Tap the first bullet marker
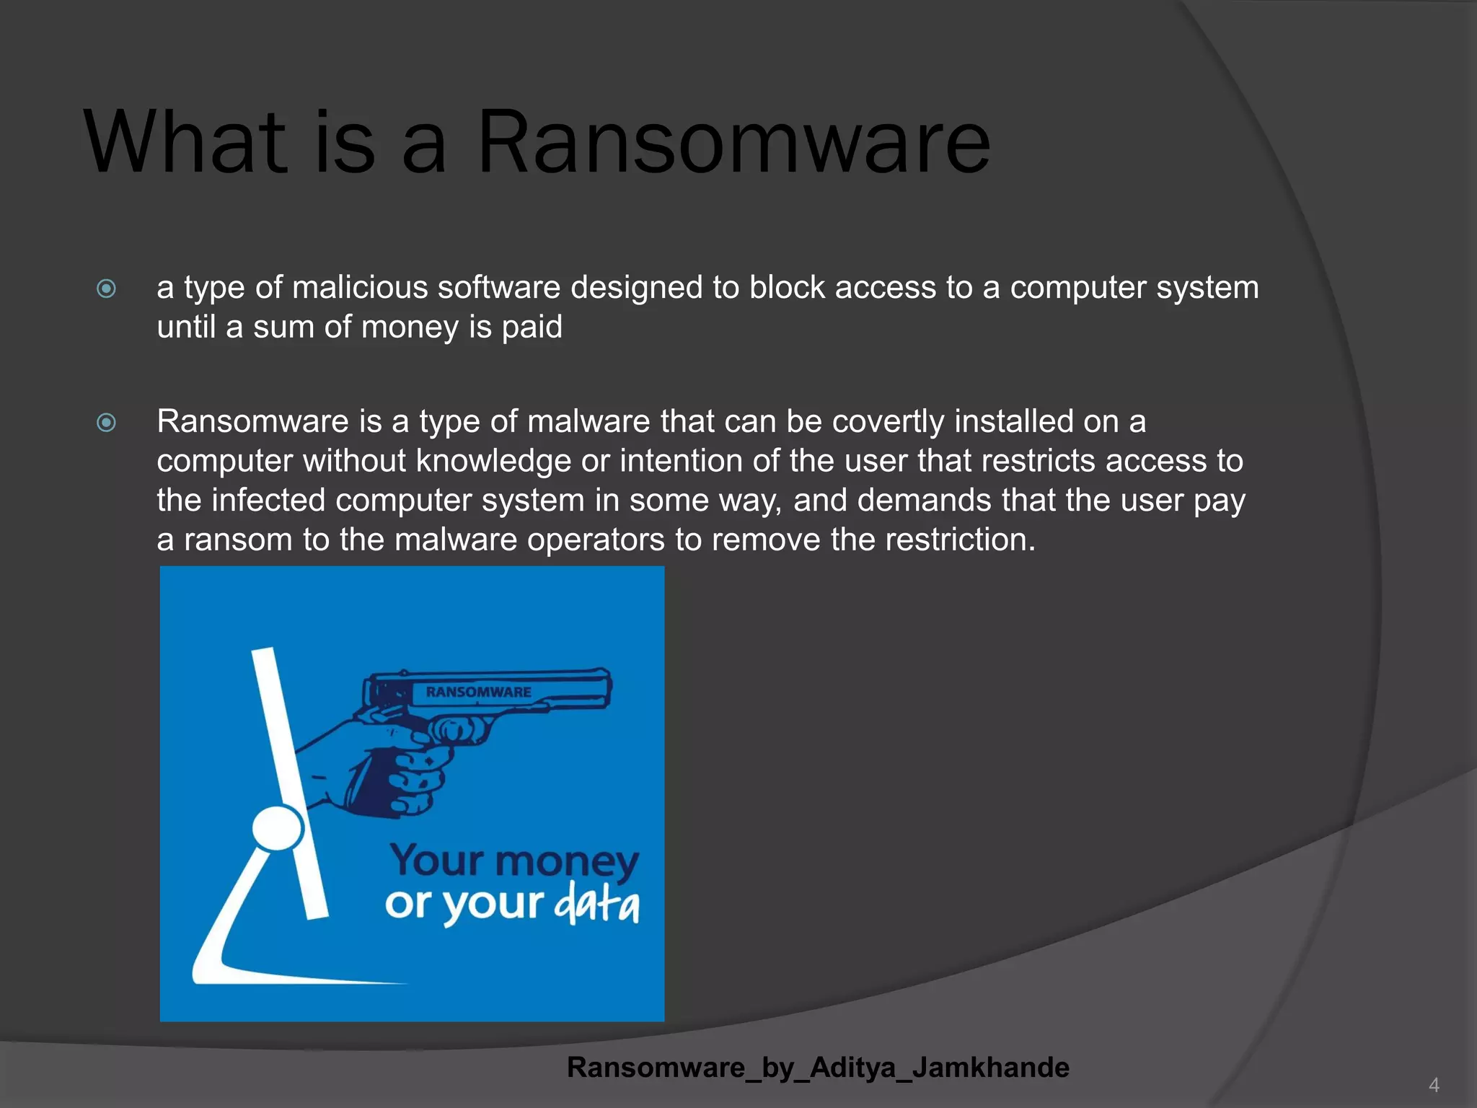coord(106,289)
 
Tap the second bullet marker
coord(106,423)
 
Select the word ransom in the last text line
coord(237,540)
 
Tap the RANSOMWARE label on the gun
coord(478,692)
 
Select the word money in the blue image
coord(567,862)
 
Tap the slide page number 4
coord(1434,1085)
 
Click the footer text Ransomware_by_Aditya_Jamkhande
coord(818,1068)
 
